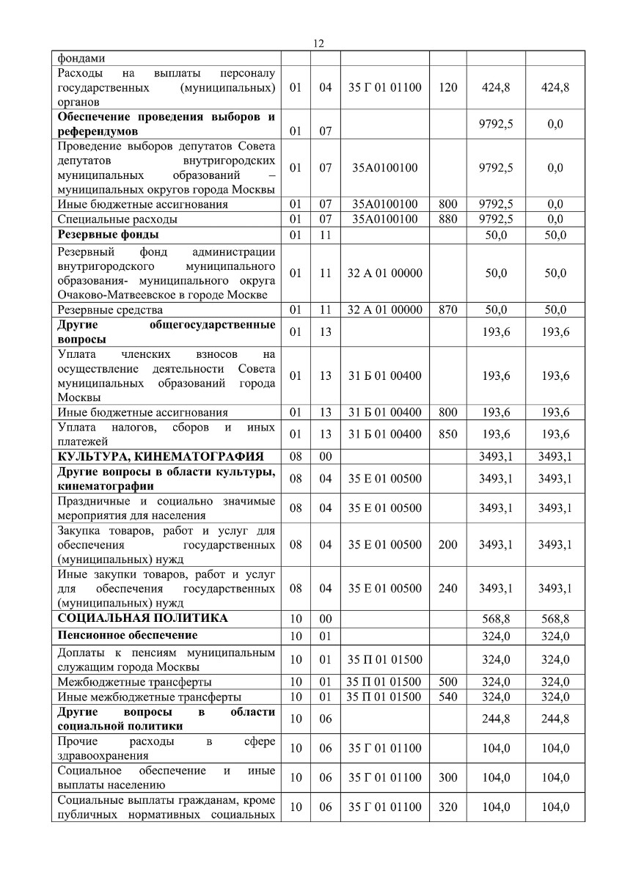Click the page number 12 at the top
318,43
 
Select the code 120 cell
447,87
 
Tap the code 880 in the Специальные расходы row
447,219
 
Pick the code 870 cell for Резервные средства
447,310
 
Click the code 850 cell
447,434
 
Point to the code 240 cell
447,588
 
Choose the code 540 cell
447,696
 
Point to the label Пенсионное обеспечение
127,634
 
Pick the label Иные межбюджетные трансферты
149,696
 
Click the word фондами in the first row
78,58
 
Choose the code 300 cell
447,777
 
